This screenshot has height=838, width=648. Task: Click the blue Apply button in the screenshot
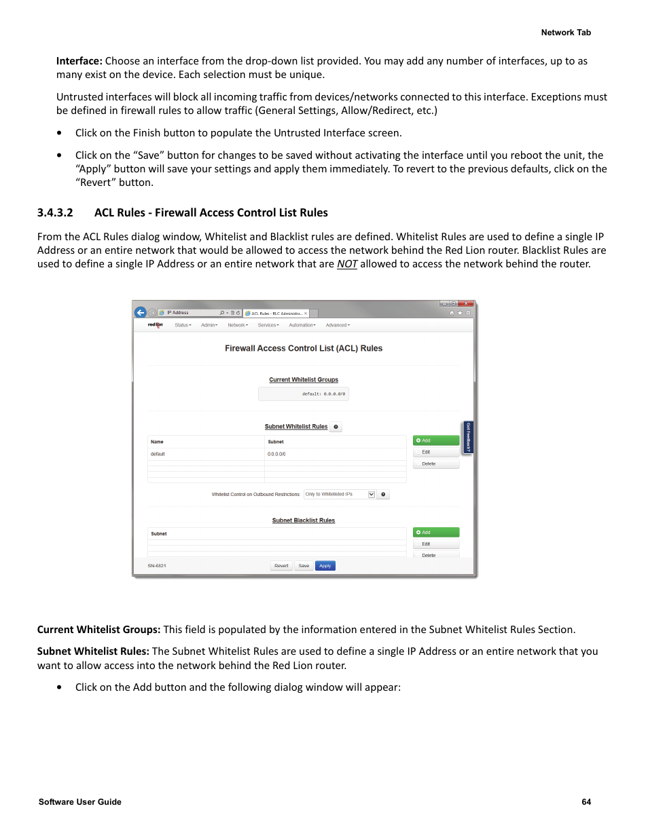click(325, 566)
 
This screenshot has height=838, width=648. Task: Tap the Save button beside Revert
click(304, 566)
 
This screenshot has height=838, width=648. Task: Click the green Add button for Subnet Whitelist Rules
click(436, 440)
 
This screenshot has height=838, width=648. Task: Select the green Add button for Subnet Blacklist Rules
click(436, 533)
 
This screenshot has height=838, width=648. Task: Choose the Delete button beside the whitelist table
click(436, 464)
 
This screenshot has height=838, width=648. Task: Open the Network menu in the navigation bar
click(237, 325)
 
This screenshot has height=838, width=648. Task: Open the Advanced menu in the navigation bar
click(337, 325)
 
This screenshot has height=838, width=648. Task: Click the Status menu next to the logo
click(182, 325)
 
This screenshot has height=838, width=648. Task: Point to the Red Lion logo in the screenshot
click(156, 325)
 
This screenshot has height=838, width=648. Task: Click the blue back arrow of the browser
click(141, 313)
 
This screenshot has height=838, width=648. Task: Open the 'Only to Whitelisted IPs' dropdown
click(340, 495)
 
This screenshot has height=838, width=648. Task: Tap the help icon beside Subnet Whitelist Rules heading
click(336, 427)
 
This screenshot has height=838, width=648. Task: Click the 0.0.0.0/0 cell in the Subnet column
click(276, 454)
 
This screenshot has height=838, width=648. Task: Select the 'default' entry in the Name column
click(158, 454)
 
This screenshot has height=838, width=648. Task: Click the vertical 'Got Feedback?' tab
click(468, 437)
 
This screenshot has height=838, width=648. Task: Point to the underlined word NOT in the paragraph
click(347, 264)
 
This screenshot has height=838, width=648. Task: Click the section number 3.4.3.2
click(55, 213)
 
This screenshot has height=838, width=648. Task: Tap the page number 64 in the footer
click(586, 802)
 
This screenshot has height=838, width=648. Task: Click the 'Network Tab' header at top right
click(566, 33)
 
